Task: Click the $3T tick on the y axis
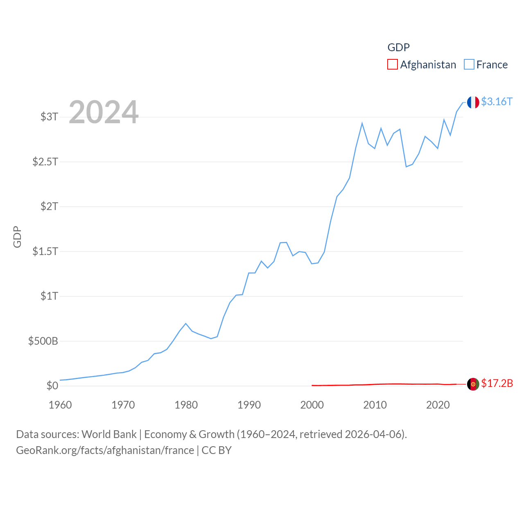click(x=49, y=117)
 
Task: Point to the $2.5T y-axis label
click(x=45, y=162)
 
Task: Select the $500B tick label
click(x=43, y=341)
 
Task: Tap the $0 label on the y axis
click(x=52, y=386)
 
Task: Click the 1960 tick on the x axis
click(x=60, y=405)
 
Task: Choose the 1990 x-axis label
click(x=249, y=405)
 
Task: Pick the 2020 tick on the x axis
click(x=438, y=405)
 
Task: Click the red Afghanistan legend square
click(x=392, y=65)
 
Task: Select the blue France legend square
click(x=469, y=65)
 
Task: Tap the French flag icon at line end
click(x=473, y=102)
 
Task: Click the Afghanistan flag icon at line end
click(x=473, y=384)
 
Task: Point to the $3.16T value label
click(x=497, y=102)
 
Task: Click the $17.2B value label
click(x=497, y=383)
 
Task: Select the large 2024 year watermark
click(x=104, y=112)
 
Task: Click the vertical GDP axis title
click(x=17, y=237)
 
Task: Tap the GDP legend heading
click(x=398, y=47)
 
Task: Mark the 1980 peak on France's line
click(x=186, y=323)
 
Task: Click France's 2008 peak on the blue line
click(x=362, y=123)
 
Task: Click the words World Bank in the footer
click(x=109, y=434)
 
